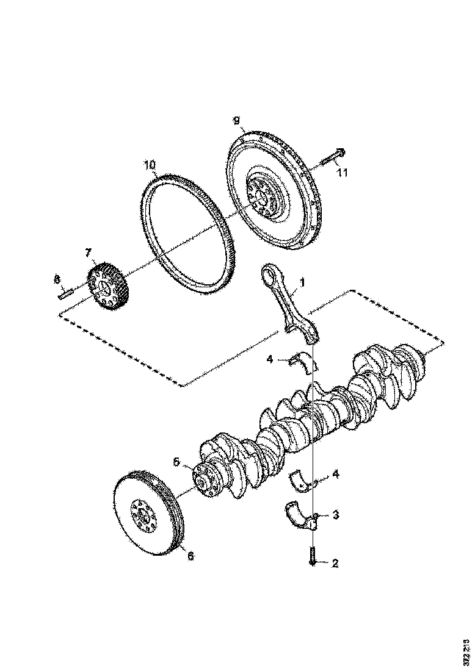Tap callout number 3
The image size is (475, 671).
click(x=335, y=515)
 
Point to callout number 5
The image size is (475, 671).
click(x=177, y=462)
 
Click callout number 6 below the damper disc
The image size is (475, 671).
click(x=190, y=556)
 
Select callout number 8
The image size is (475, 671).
click(x=56, y=280)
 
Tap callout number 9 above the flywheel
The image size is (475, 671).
click(x=236, y=121)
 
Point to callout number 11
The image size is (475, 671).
click(x=342, y=173)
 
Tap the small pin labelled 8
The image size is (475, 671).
click(x=66, y=296)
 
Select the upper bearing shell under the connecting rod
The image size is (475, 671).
click(x=305, y=362)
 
